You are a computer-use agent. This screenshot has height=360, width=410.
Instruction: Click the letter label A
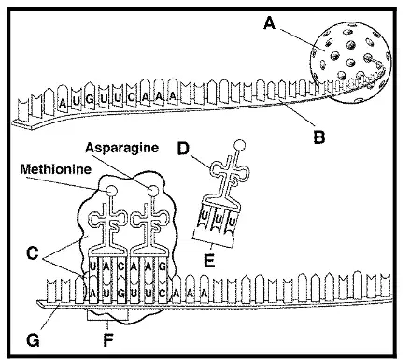click(270, 23)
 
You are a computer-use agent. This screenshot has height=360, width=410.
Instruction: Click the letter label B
click(319, 137)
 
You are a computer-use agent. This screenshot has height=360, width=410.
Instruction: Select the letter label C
click(33, 252)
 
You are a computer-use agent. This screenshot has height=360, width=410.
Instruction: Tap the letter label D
click(183, 149)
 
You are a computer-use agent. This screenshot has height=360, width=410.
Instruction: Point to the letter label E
click(209, 261)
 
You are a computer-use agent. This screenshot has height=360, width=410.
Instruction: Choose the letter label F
click(108, 340)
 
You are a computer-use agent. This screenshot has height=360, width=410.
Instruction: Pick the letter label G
click(33, 340)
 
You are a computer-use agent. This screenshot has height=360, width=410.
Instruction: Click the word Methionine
click(56, 169)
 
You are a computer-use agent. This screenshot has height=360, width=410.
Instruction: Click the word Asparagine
click(122, 148)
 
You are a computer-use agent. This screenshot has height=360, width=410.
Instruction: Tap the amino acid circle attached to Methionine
click(111, 190)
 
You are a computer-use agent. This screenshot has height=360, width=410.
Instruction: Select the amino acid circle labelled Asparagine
click(153, 191)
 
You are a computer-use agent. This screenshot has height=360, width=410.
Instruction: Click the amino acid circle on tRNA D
click(239, 145)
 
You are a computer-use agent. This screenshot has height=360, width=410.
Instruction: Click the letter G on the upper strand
click(90, 100)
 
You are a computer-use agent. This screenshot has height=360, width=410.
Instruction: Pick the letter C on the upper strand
click(132, 97)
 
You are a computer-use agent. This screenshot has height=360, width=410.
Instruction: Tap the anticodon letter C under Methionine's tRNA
click(120, 266)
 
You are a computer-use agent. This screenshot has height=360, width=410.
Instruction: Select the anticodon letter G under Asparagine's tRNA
click(163, 266)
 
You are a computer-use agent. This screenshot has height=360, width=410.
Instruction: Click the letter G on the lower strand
click(120, 294)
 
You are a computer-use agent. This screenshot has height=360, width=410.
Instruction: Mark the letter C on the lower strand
click(162, 294)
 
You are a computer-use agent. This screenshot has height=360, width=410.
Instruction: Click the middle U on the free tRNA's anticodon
click(219, 220)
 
